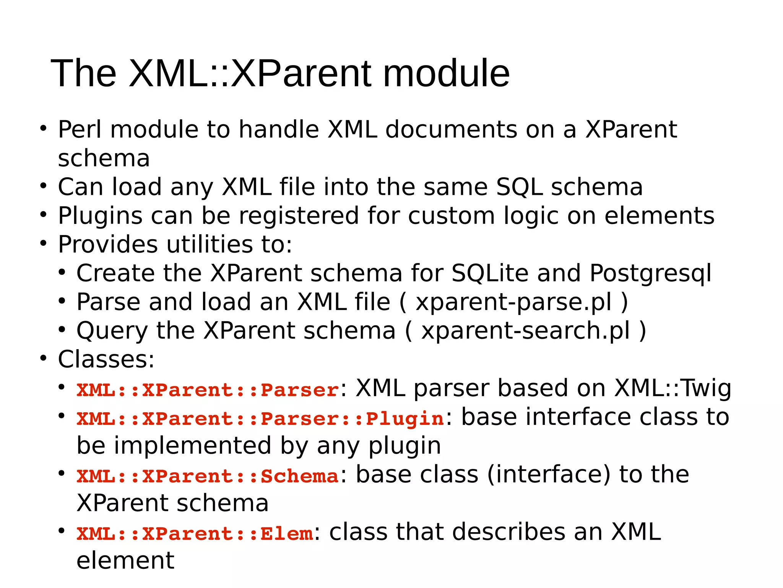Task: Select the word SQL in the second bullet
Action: pos(519,187)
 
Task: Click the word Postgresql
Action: pos(650,274)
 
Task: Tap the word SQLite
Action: pos(490,273)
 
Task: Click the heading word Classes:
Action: pos(106,359)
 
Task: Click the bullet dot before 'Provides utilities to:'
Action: pos(43,243)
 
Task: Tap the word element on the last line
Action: pos(125,561)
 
